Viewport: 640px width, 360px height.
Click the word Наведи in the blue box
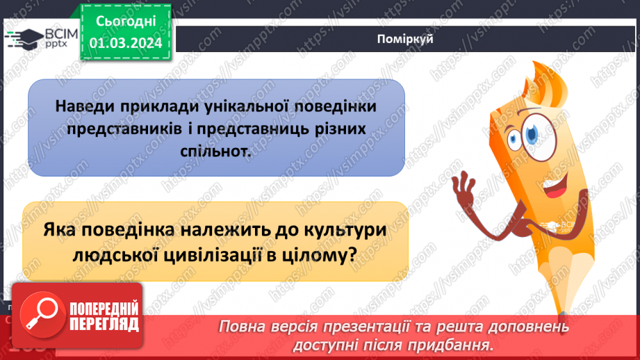[x=83, y=108]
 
